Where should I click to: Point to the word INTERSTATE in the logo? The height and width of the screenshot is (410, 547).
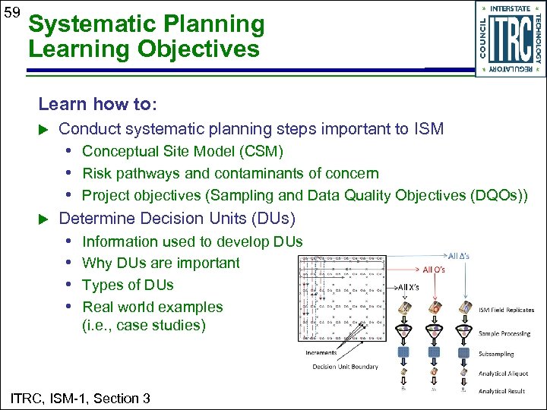pyautogui.click(x=510, y=9)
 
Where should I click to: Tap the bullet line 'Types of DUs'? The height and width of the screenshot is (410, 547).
pyautogui.click(x=128, y=285)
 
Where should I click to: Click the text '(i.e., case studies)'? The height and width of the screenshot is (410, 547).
pyautogui.click(x=144, y=326)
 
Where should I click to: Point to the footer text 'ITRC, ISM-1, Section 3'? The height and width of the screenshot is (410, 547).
pyautogui.click(x=80, y=398)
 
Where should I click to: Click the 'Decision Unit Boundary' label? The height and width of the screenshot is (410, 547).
pyautogui.click(x=344, y=367)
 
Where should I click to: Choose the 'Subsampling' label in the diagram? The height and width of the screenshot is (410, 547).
pyautogui.click(x=496, y=354)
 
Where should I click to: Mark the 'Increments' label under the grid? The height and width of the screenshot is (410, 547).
pyautogui.click(x=321, y=352)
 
